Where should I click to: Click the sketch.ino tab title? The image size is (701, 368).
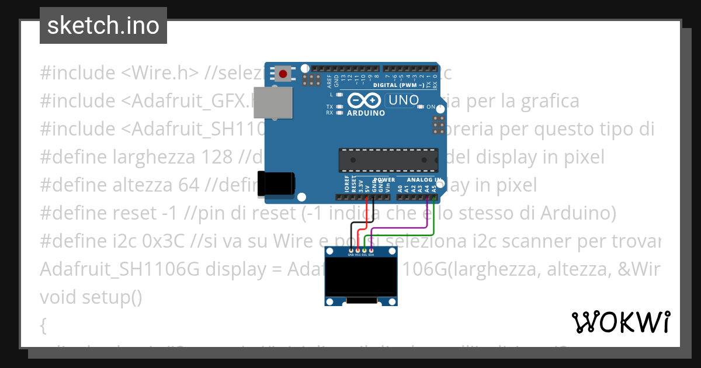pyautogui.click(x=103, y=26)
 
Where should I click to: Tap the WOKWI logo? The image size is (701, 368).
pyautogui.click(x=620, y=322)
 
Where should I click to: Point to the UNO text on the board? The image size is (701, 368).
pyautogui.click(x=403, y=100)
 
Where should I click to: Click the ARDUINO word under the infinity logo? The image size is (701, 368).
pyautogui.click(x=366, y=113)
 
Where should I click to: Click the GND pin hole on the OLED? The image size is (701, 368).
pyautogui.click(x=350, y=250)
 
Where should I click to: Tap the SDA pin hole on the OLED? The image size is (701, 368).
pyautogui.click(x=372, y=250)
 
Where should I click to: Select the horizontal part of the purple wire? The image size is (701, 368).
pyautogui.click(x=397, y=227)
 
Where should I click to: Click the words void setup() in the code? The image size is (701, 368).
pyautogui.click(x=91, y=297)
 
